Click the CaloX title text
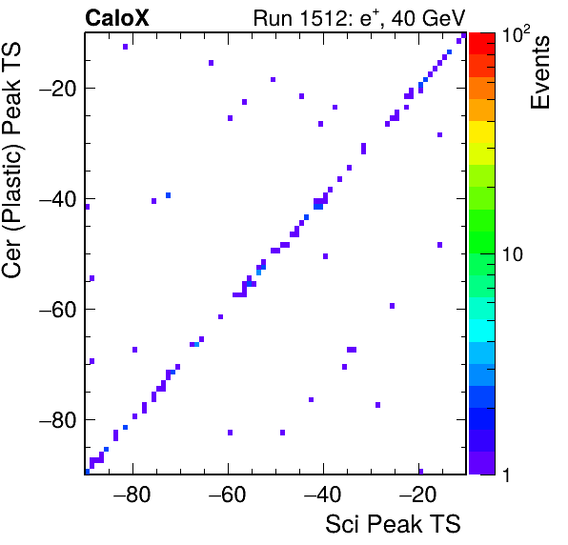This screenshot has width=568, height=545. pyautogui.click(x=117, y=18)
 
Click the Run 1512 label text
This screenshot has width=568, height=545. pyautogui.click(x=359, y=18)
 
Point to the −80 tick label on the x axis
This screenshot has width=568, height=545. pyautogui.click(x=132, y=494)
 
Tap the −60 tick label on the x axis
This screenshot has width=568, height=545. pyautogui.click(x=227, y=494)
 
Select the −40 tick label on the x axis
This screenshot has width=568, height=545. pyautogui.click(x=322, y=494)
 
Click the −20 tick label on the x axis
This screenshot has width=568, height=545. pyautogui.click(x=417, y=494)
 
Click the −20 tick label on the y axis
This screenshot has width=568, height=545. pyautogui.click(x=58, y=88)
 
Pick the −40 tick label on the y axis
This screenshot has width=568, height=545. pyautogui.click(x=58, y=199)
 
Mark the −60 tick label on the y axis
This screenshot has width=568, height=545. pyautogui.click(x=58, y=310)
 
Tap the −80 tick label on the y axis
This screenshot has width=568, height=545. pyautogui.click(x=58, y=420)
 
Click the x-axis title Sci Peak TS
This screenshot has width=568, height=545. pyautogui.click(x=393, y=524)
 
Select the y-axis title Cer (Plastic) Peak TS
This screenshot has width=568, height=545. pyautogui.click(x=11, y=160)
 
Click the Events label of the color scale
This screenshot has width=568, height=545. pyautogui.click(x=540, y=72)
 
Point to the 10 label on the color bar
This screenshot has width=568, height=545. pyautogui.click(x=513, y=254)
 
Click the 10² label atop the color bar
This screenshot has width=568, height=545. pyautogui.click(x=516, y=34)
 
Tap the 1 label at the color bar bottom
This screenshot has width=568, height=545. pyautogui.click(x=506, y=475)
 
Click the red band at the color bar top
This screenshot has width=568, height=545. pyautogui.click(x=482, y=44)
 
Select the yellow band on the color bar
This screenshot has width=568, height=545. pyautogui.click(x=482, y=131)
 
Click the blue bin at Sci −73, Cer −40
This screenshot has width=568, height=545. pyautogui.click(x=168, y=195)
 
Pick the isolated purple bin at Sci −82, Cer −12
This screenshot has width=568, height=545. pyautogui.click(x=126, y=47)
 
